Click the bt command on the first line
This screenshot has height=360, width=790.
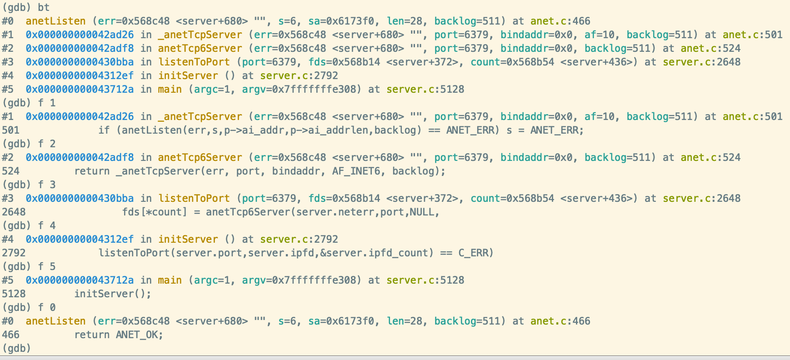(44, 8)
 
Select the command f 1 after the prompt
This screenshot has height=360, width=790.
(47, 103)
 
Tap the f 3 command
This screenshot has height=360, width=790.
(47, 185)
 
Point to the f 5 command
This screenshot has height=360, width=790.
(47, 267)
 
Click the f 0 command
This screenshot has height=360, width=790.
(47, 308)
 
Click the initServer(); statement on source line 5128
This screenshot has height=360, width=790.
(113, 294)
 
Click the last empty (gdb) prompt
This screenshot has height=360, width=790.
(17, 349)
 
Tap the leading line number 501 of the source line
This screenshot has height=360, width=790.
(11, 130)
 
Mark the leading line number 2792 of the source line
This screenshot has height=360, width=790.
(14, 253)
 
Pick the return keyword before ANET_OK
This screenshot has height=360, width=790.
(92, 335)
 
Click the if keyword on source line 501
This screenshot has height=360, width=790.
(104, 130)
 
